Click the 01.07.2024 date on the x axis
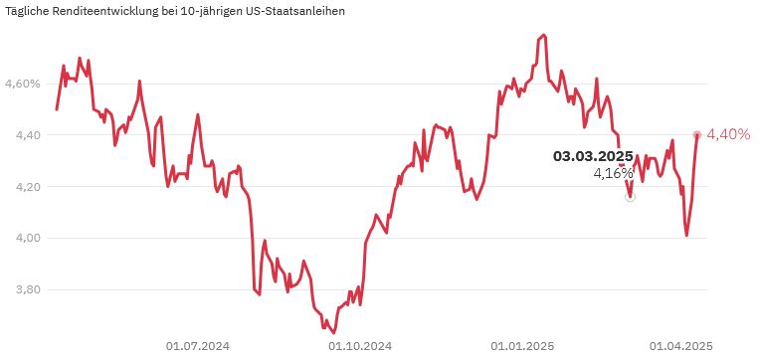click(197, 346)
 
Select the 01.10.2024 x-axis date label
click(360, 346)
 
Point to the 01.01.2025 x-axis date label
click(522, 346)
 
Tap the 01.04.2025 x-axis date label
click(681, 346)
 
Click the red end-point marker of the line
click(696, 134)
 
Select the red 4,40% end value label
click(728, 134)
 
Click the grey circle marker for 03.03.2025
click(630, 197)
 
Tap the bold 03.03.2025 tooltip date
click(593, 156)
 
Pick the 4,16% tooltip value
click(613, 173)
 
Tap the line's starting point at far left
click(57, 108)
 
